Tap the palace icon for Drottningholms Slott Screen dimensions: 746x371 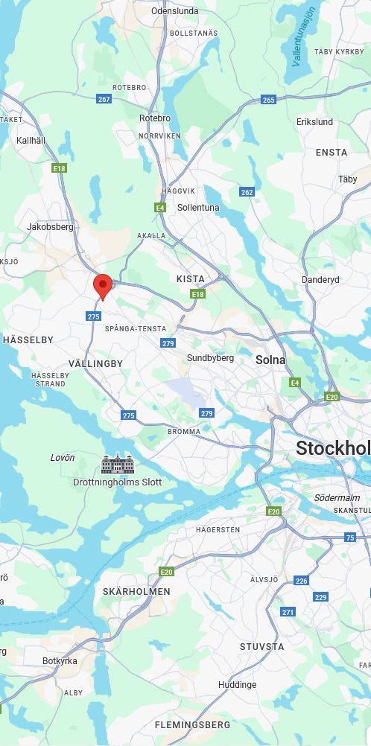[118, 465]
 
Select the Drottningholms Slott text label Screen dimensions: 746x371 [118, 482]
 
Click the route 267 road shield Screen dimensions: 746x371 [104, 99]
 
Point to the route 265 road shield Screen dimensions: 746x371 [268, 100]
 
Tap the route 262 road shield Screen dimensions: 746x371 [247, 192]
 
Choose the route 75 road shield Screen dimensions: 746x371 [350, 538]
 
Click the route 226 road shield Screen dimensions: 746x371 [301, 580]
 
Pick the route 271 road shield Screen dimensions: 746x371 [288, 612]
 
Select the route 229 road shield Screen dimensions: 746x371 [320, 597]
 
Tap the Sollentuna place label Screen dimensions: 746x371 [198, 208]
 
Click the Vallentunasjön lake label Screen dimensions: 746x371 [304, 36]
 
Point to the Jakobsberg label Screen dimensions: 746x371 [50, 227]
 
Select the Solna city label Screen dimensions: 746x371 [270, 360]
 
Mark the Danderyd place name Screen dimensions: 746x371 [320, 280]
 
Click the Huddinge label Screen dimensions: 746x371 [237, 685]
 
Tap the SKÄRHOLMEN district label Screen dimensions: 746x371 [136, 591]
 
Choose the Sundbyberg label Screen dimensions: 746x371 [210, 358]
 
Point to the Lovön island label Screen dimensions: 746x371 [63, 458]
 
